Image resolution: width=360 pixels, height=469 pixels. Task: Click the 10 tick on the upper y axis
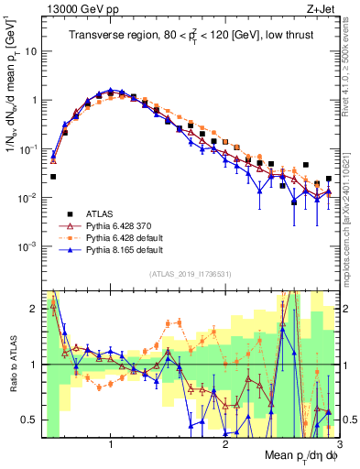point(31,51)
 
